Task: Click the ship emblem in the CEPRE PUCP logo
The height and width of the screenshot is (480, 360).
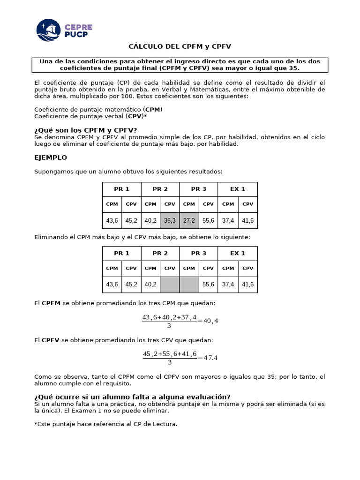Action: tap(48, 30)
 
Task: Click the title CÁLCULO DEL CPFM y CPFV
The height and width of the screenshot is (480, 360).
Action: tap(180, 46)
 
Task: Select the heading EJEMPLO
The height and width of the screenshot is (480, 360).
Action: tap(51, 157)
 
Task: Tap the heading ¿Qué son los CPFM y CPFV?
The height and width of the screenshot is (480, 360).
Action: tap(86, 130)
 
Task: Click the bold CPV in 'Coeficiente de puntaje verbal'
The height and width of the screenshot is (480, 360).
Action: tap(135, 116)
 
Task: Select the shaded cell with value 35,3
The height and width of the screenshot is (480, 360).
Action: tap(170, 220)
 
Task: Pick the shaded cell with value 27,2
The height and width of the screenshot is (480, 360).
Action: tap(189, 220)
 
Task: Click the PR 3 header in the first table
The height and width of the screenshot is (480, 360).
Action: tap(199, 189)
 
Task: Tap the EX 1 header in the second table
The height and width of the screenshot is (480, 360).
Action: tap(238, 253)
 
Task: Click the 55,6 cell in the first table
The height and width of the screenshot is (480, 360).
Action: tap(208, 220)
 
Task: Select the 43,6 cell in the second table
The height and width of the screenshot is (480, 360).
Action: tap(112, 285)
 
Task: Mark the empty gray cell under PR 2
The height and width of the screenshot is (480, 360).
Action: tap(170, 285)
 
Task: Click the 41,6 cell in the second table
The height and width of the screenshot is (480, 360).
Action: tap(247, 285)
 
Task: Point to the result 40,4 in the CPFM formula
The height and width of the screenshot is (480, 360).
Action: tap(210, 321)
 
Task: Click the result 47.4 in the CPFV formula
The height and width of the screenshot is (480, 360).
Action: tap(210, 358)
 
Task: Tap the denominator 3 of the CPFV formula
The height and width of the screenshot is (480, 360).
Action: tap(170, 362)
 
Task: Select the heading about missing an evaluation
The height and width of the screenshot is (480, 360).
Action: tap(133, 397)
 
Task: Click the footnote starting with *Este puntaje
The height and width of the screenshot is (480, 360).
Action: tap(106, 424)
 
